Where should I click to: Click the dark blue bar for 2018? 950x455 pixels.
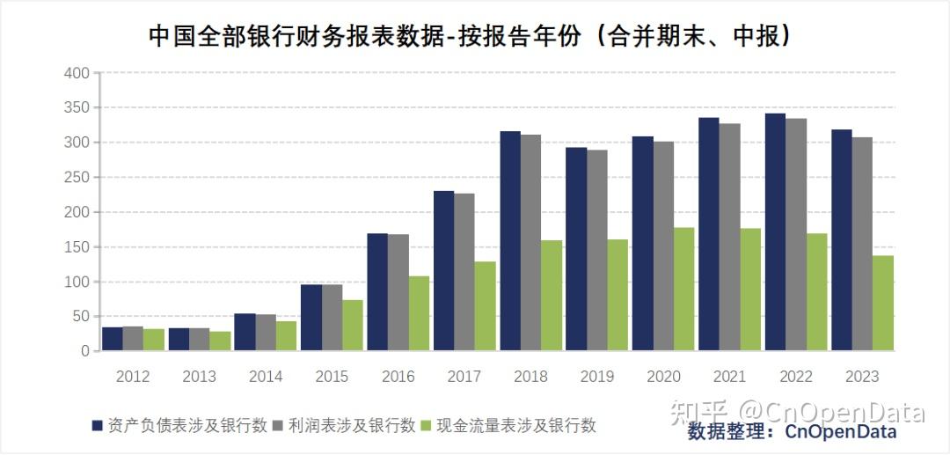[x=510, y=241]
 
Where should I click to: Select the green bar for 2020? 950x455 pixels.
[x=684, y=290]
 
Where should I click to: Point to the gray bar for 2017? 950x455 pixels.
[x=464, y=272]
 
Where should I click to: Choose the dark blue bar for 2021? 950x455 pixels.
[x=709, y=234]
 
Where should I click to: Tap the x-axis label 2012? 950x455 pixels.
[x=133, y=377]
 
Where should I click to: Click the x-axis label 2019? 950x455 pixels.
[x=597, y=377]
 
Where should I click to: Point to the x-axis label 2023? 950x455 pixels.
[x=862, y=377]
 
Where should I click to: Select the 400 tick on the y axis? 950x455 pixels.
[x=77, y=73]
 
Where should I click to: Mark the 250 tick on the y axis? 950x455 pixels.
[x=77, y=177]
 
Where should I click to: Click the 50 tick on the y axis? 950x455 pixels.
[x=81, y=316]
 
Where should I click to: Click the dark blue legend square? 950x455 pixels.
[x=98, y=426]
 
